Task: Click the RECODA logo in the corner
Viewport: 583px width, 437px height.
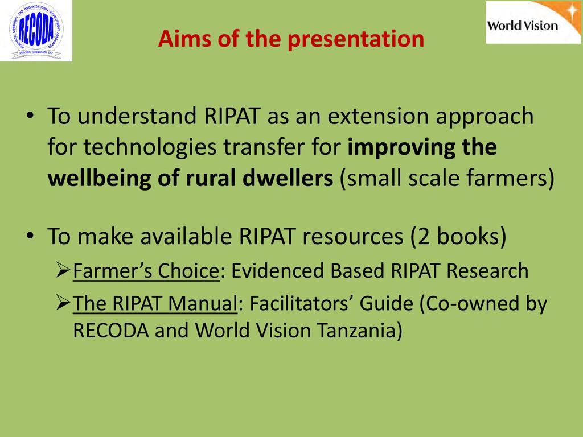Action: (x=36, y=31)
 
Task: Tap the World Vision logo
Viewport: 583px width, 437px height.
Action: (x=533, y=22)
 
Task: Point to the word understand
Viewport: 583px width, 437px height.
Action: (x=137, y=116)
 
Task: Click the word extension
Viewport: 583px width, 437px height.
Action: (x=378, y=116)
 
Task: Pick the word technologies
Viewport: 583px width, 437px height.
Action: (x=150, y=147)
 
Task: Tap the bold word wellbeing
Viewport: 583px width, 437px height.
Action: (x=99, y=179)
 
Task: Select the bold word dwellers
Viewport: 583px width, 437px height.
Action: (x=288, y=178)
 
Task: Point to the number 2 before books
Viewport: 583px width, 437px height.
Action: (x=424, y=236)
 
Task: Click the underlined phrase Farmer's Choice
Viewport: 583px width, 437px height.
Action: (x=146, y=271)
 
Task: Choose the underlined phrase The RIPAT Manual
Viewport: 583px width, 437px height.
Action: (x=155, y=303)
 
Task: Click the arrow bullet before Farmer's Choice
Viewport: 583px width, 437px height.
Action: (x=63, y=270)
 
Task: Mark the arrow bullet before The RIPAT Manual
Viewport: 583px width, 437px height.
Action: (x=63, y=303)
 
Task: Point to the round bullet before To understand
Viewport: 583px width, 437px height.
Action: (x=30, y=116)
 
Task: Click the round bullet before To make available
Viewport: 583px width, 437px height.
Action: (x=30, y=236)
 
